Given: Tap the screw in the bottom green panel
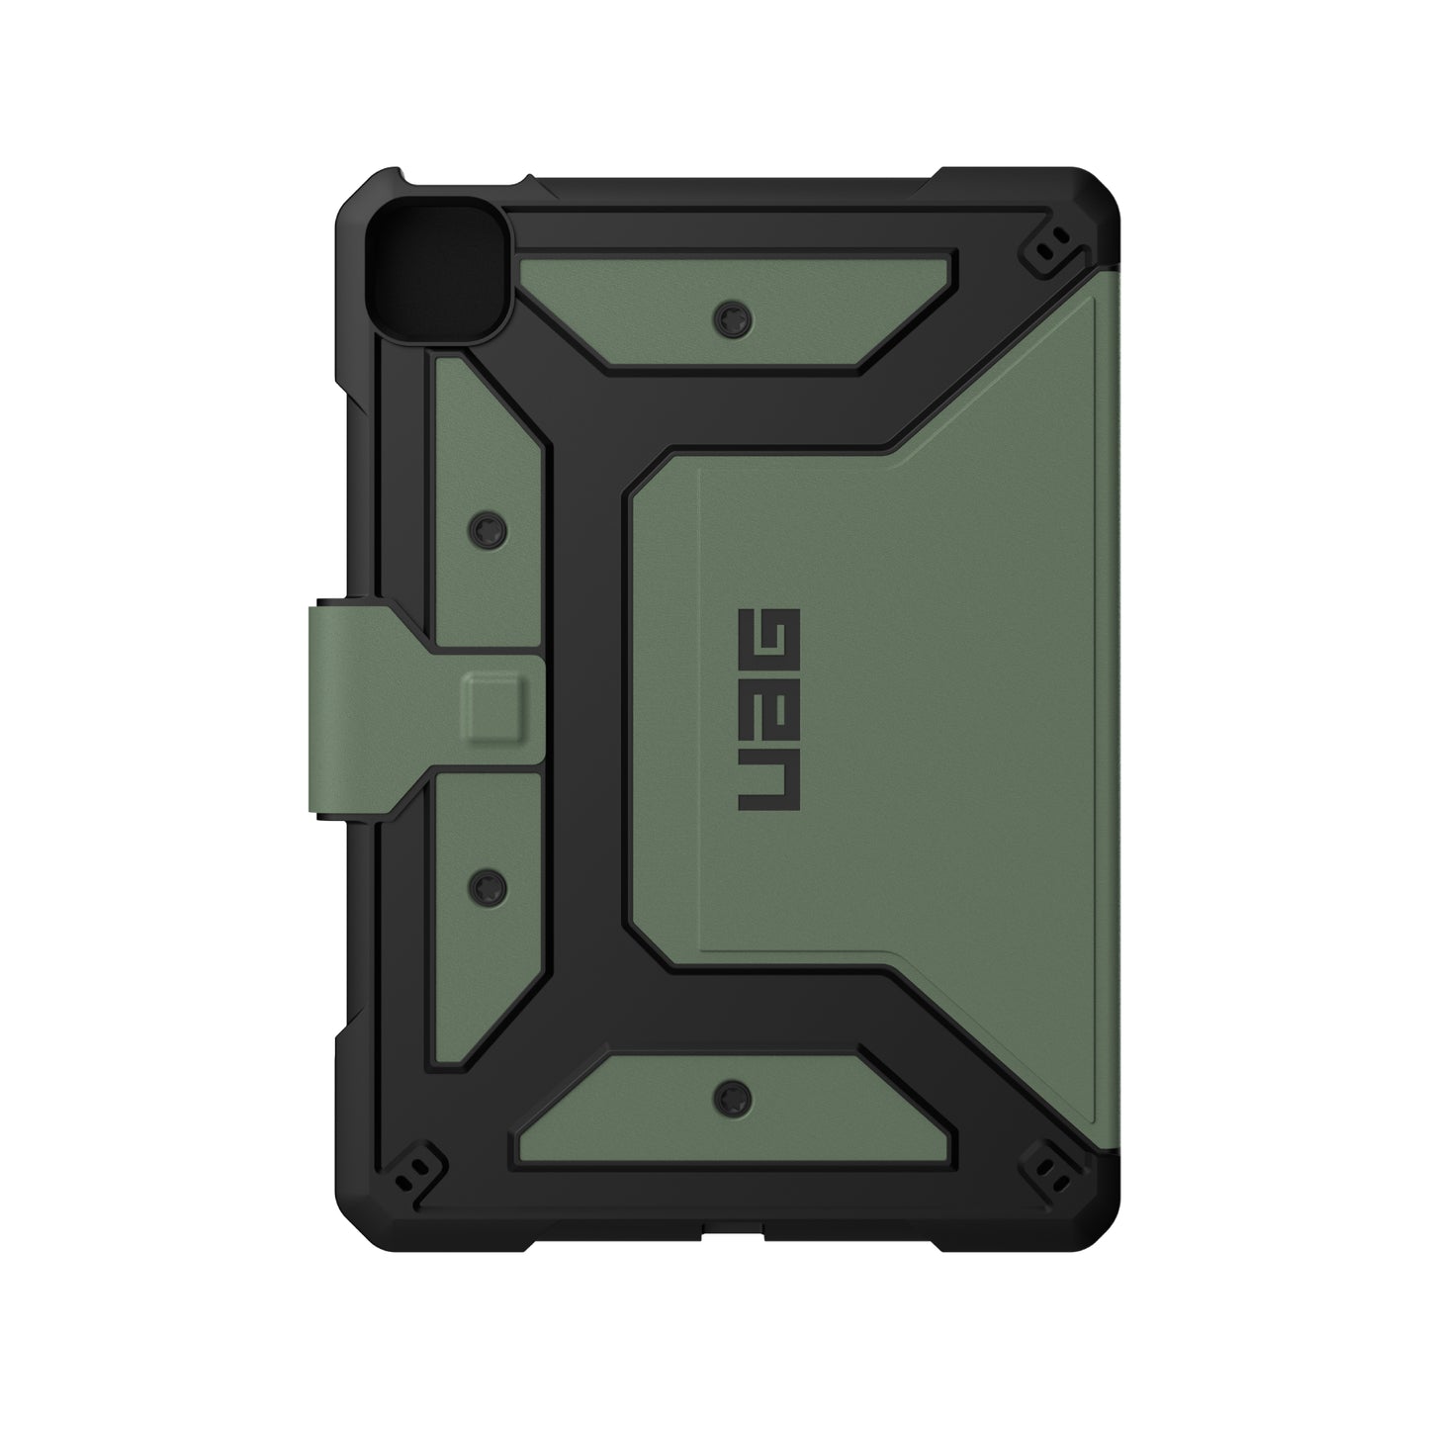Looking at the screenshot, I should (x=731, y=1092).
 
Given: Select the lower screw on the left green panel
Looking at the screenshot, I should (x=486, y=880).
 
